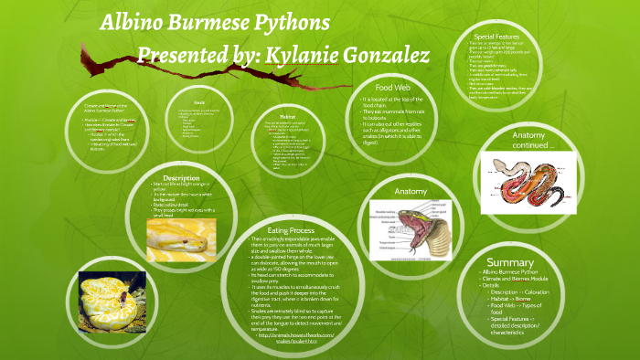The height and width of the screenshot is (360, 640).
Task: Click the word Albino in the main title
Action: tap(132, 23)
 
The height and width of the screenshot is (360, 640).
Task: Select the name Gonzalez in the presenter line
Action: tap(384, 56)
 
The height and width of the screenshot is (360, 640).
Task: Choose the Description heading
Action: tap(181, 177)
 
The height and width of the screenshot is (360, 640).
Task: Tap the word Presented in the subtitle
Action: tap(182, 56)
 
